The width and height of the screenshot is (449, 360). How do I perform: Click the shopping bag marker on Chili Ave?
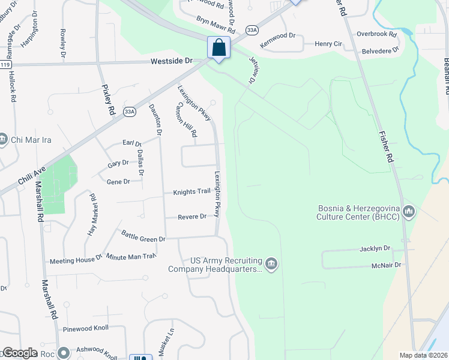pyautogui.click(x=219, y=47)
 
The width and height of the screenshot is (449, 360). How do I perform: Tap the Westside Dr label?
pyautogui.click(x=171, y=61)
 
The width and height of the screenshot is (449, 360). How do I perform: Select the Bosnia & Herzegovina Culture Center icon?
pyautogui.click(x=409, y=211)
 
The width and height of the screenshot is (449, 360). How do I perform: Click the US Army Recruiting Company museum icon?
pyautogui.click(x=271, y=264)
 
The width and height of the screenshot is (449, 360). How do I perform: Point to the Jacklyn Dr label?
pyautogui.click(x=375, y=248)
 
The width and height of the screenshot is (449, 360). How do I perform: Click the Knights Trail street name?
pyautogui.click(x=191, y=192)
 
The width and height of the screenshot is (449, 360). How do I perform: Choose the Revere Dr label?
pyautogui.click(x=192, y=217)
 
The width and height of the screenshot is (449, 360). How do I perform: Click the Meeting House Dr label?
pyautogui.click(x=76, y=259)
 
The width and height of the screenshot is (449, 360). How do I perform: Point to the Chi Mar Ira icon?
pyautogui.click(x=3, y=139)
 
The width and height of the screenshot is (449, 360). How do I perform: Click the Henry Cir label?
pyautogui.click(x=329, y=44)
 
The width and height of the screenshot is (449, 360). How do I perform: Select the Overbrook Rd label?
pyautogui.click(x=377, y=34)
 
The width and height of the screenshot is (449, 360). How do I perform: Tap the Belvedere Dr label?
pyautogui.click(x=380, y=52)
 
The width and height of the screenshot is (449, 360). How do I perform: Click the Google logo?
pyautogui.click(x=20, y=353)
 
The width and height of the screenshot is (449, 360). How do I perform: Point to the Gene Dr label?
pyautogui.click(x=118, y=181)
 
